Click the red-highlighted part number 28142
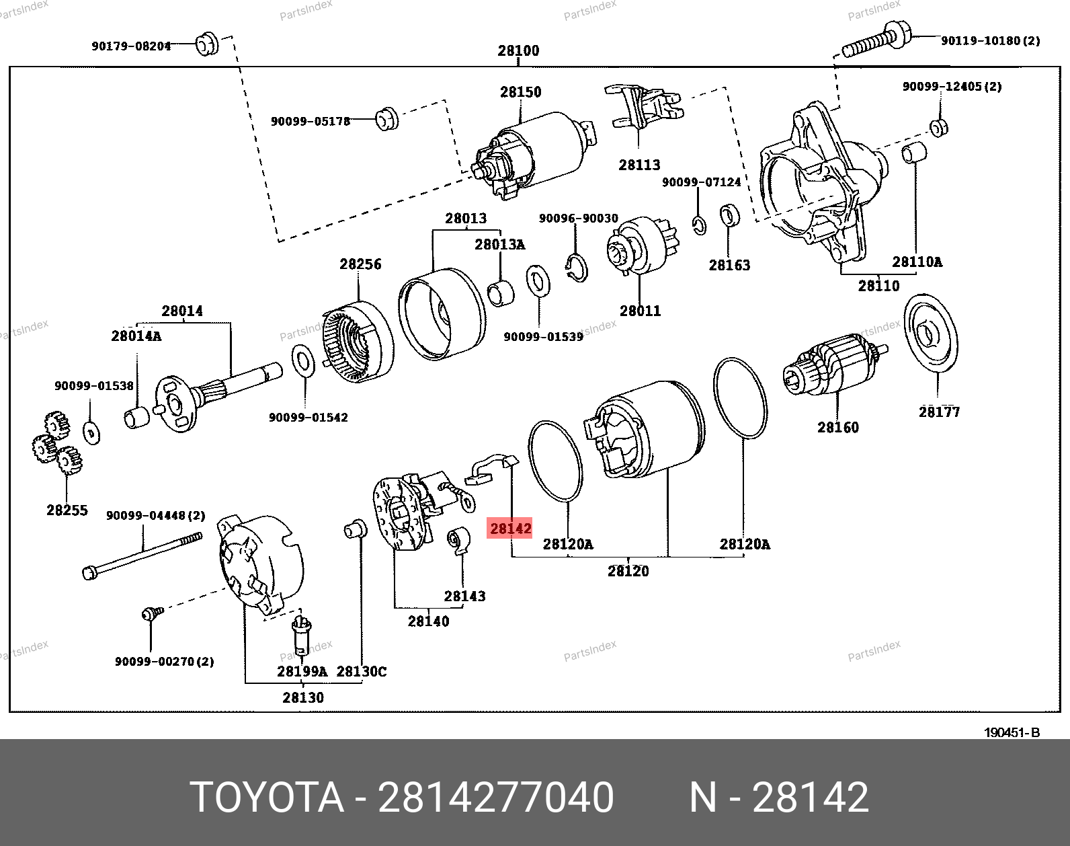coord(510,529)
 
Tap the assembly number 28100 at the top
coord(518,50)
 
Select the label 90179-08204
coord(131,46)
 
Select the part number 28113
coord(639,165)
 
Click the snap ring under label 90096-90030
coord(577,267)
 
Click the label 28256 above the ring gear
coord(360,264)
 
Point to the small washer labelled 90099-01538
coord(91,432)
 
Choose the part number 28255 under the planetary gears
coord(67,510)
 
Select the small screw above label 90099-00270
coord(151,613)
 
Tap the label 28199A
coord(302,671)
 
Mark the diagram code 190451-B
coord(1012,732)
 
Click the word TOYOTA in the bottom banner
coord(267,798)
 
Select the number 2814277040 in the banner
coord(495,798)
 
